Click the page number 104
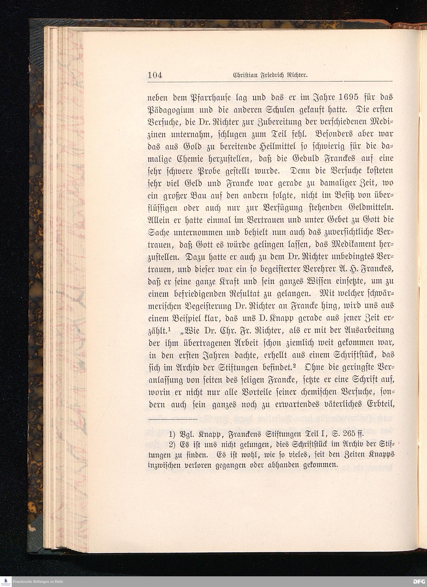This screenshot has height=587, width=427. pos(155,75)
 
